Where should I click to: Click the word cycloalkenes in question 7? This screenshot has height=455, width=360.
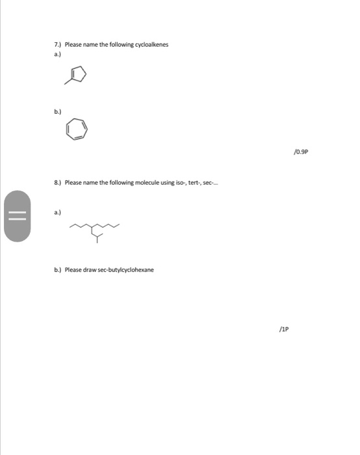149,45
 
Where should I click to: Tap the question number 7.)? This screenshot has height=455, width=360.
57,45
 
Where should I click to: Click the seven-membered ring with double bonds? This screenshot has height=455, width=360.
76,130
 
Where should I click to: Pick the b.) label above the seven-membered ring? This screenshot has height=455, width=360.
57,112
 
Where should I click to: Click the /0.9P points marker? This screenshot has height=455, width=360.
300,151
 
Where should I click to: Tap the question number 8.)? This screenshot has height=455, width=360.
57,183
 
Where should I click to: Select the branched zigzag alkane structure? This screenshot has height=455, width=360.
95,231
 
